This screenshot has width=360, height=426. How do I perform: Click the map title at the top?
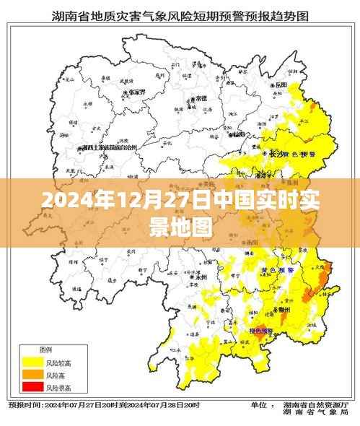click(180, 14)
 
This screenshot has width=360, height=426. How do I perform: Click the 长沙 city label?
click(274, 154)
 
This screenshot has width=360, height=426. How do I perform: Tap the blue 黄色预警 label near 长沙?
click(296, 155)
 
